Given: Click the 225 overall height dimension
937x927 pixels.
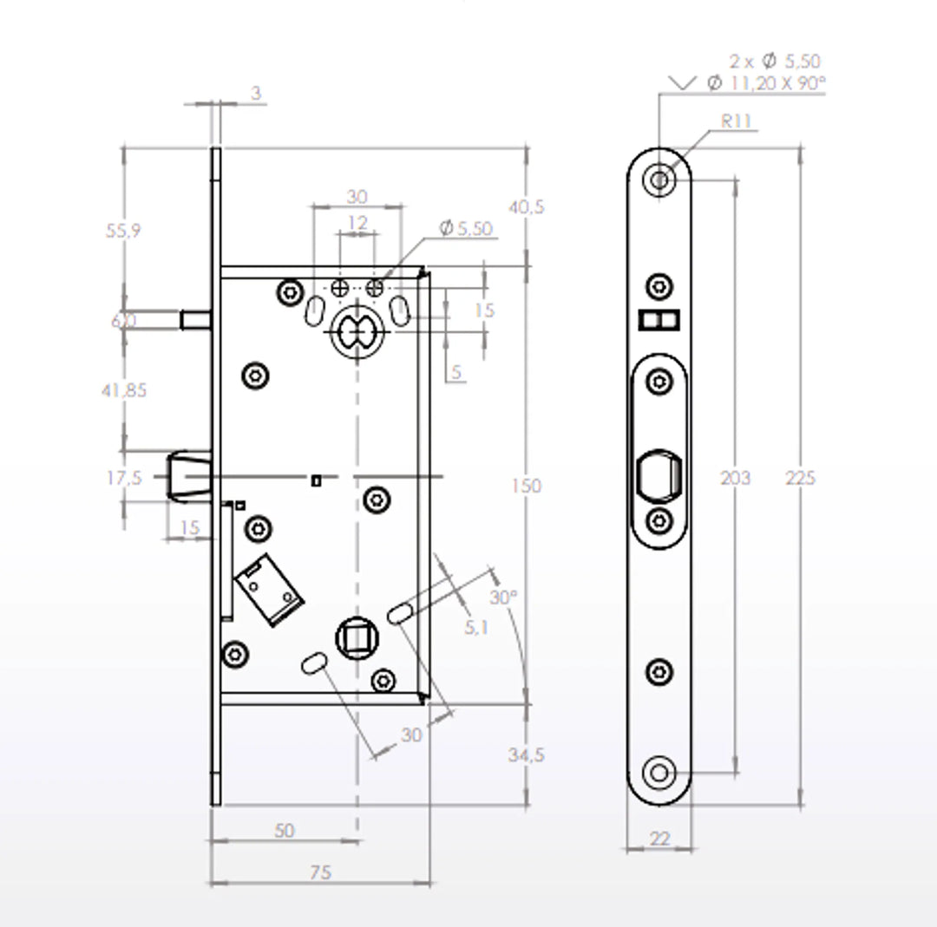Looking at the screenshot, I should (801, 478).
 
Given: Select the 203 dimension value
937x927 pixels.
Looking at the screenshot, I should (736, 478).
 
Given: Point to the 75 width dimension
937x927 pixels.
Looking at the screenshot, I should (320, 872).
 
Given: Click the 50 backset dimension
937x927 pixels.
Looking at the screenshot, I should (284, 830).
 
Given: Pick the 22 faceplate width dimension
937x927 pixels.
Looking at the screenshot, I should (659, 839).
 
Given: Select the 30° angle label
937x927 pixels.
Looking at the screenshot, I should (502, 597).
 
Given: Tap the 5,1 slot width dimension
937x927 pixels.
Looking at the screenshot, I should (475, 627).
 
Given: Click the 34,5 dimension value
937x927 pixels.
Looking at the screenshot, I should (526, 755).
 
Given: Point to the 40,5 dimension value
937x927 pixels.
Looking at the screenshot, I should (526, 207).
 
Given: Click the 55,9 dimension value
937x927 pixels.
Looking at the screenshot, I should (123, 231).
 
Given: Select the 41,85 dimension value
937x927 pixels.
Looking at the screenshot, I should (124, 390).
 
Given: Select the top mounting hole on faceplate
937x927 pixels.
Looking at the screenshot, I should (659, 180).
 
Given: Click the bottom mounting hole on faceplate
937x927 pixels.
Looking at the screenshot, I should (659, 773).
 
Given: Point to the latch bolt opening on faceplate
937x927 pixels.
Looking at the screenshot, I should (659, 478).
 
